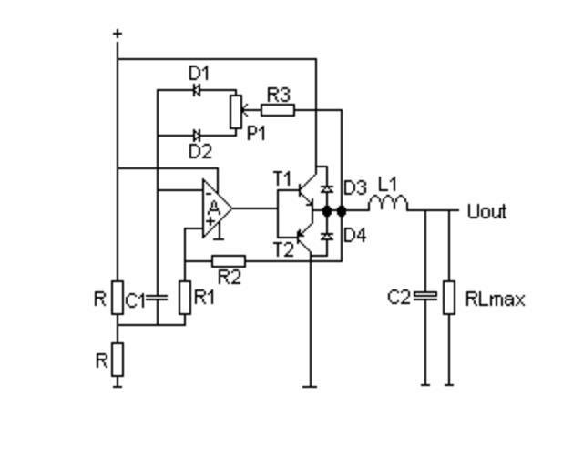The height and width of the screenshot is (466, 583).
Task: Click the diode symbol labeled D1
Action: coord(197,89)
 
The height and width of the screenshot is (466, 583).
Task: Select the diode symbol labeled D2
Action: coord(197,136)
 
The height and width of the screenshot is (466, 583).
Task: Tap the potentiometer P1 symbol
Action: coord(235,111)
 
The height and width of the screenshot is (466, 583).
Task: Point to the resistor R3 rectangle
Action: coord(278,110)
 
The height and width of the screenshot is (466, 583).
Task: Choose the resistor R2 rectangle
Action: coord(228,261)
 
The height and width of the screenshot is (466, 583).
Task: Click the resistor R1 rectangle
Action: coord(184,298)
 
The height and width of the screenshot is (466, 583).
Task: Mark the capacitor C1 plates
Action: coord(158,298)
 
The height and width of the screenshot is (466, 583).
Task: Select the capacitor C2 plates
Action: coord(424,297)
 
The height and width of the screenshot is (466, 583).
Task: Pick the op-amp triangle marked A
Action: coord(216,208)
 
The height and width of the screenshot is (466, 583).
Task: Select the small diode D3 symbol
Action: coord(327,187)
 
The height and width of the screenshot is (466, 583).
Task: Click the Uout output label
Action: coord(486,212)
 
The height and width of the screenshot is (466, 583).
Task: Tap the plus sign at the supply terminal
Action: coord(118,35)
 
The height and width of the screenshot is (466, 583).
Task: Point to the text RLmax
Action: coord(495,299)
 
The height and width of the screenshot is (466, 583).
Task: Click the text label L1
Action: coord(387,183)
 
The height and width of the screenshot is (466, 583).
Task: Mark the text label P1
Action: coord(258,132)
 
